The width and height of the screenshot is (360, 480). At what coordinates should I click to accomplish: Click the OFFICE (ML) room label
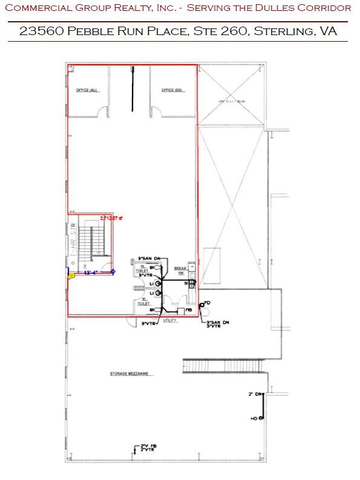pos(87,91)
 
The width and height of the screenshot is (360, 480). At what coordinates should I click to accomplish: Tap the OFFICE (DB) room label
pos(172,91)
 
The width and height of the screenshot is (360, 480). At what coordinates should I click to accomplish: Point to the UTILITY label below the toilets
pos(169,320)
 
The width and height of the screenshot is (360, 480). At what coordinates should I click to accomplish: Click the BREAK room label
pos(179,267)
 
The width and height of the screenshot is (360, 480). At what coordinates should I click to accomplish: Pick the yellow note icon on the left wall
pos(71,276)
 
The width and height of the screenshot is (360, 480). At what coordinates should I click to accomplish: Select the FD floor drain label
pos(207,302)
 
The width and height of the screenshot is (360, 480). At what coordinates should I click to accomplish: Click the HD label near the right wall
pos(254,418)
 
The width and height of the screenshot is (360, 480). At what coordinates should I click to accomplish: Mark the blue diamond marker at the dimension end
pos(113,273)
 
